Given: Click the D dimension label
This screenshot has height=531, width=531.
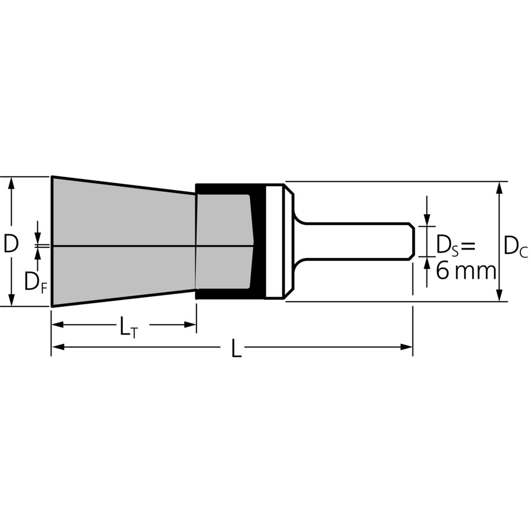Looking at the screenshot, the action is coord(11,244).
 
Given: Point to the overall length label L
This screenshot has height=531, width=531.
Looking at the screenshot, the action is coord(236,347).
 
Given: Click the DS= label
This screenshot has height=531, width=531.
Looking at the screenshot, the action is coord(456,245).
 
